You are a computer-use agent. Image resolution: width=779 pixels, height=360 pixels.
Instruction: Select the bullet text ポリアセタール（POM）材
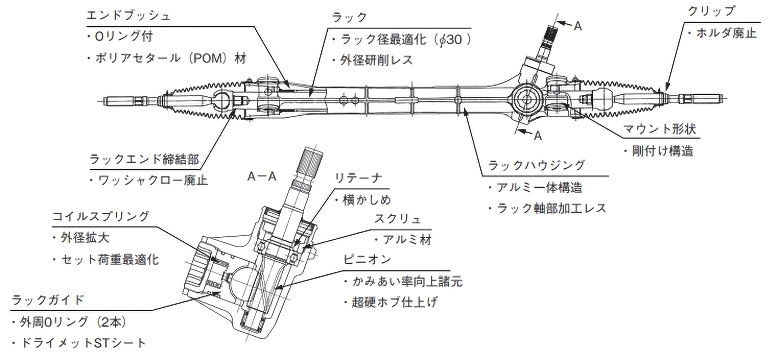click(171, 58)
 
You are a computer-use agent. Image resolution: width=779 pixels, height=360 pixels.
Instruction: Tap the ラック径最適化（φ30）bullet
click(405, 39)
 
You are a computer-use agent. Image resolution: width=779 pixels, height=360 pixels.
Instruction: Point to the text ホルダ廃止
click(726, 33)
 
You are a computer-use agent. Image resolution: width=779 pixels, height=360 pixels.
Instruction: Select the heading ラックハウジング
click(537, 165)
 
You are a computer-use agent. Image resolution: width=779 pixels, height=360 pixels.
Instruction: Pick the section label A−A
click(261, 176)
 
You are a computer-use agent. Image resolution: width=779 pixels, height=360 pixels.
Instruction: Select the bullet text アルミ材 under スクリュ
click(407, 240)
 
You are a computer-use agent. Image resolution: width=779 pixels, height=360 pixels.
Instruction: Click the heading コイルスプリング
click(101, 216)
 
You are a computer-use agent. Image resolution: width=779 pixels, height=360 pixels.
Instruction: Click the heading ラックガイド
click(48, 300)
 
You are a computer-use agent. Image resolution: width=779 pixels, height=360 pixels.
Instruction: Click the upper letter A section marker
click(578, 27)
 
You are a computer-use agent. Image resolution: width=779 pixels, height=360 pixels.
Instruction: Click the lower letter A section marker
click(537, 136)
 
